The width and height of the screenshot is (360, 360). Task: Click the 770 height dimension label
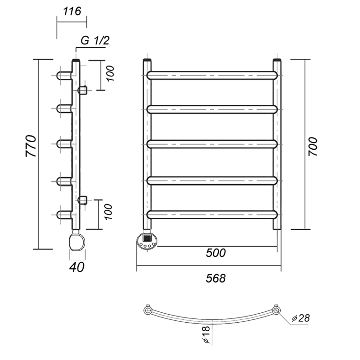(x=31, y=147)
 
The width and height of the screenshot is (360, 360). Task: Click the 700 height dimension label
(x=312, y=146)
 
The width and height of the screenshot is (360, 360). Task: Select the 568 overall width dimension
(x=216, y=278)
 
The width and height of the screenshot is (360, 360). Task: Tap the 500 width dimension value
(x=216, y=253)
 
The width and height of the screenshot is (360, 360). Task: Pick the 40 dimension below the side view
(x=77, y=267)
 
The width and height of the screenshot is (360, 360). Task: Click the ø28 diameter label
(x=300, y=318)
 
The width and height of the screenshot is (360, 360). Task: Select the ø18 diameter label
(x=206, y=334)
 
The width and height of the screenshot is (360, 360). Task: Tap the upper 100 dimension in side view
(x=110, y=74)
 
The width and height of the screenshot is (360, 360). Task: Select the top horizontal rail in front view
(x=212, y=75)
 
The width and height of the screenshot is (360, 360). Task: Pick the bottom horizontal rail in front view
(x=212, y=214)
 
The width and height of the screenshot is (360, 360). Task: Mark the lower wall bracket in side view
(x=83, y=200)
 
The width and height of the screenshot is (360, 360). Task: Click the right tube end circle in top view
(x=276, y=311)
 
